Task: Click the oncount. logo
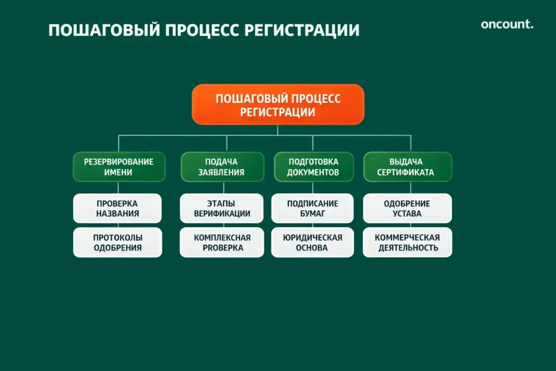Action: (x=507, y=24)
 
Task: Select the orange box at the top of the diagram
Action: (x=277, y=105)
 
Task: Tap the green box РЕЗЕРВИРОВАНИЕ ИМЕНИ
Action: (x=118, y=167)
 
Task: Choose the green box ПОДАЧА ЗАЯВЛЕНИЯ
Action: (x=221, y=167)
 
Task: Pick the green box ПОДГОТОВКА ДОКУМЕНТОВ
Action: (x=313, y=167)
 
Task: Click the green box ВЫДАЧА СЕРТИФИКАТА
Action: (x=407, y=167)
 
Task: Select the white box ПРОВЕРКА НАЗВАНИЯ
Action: (x=117, y=209)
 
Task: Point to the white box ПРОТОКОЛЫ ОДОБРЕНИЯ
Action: (x=117, y=242)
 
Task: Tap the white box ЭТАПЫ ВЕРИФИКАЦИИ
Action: (x=222, y=209)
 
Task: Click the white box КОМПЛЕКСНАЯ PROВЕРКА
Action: (x=222, y=242)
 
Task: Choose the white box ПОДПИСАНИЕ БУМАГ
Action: (x=313, y=209)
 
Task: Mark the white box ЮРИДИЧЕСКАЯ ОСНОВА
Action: (x=313, y=242)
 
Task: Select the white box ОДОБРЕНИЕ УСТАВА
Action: (x=407, y=209)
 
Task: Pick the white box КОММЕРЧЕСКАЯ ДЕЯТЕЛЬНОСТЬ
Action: (x=407, y=242)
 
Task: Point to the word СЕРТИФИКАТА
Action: (x=407, y=173)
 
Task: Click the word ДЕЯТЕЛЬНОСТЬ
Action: (x=407, y=248)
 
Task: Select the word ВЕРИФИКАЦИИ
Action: (x=222, y=214)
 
